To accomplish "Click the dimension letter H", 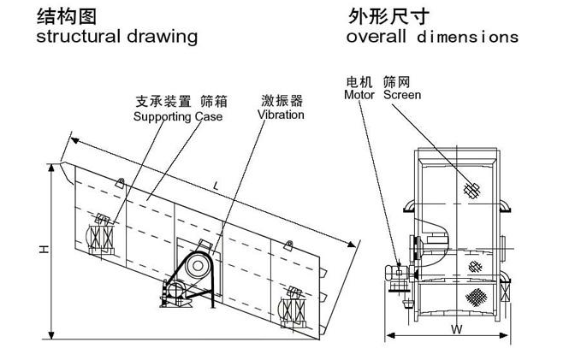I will [x=42, y=249].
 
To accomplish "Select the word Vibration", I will [x=280, y=115].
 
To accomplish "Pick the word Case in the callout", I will [x=208, y=116].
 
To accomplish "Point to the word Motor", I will [x=360, y=95].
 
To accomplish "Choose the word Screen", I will [x=401, y=95].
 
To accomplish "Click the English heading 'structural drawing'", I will [x=117, y=37].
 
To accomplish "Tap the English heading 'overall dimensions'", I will [x=433, y=37].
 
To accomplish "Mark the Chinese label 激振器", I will [x=280, y=101].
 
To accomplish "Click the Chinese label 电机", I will [x=358, y=82].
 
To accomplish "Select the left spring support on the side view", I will [x=104, y=233].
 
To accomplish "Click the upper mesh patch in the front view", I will [x=469, y=191].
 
